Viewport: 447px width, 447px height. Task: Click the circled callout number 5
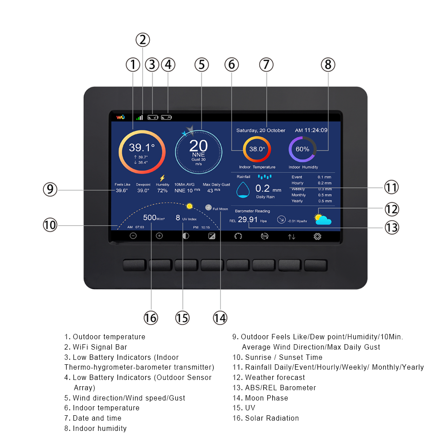pos(202,65)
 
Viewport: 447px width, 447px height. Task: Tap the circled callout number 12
pos(392,209)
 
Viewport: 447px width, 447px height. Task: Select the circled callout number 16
pos(151,318)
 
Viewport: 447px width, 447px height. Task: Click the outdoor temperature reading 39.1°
pos(142,148)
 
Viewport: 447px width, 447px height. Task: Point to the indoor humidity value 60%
pos(302,149)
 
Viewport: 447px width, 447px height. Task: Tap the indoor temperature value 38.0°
pos(257,149)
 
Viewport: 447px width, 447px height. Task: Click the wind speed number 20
pos(198,145)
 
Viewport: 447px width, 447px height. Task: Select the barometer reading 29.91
pos(247,219)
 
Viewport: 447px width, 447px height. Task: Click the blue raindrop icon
pos(243,190)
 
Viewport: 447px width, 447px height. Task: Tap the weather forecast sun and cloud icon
pos(322,219)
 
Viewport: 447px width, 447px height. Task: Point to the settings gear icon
pos(317,236)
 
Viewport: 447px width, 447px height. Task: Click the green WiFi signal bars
pos(140,118)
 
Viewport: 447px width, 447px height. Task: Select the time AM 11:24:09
pos(311,131)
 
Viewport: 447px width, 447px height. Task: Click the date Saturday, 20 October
pos(261,131)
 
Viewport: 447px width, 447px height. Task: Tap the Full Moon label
pos(220,209)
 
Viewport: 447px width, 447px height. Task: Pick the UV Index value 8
pos(178,218)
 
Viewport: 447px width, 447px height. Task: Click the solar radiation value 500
pos(149,218)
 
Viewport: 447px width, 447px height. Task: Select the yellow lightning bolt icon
pos(162,178)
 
